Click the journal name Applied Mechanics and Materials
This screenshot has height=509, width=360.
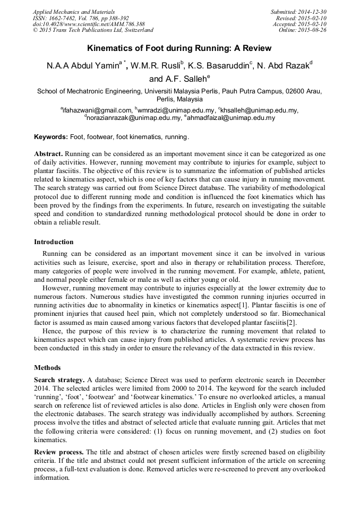[x=74, y=12]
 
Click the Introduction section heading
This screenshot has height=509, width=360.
[x=54, y=242]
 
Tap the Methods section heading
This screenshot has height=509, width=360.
[x=47, y=367]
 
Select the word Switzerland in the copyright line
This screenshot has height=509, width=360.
[x=136, y=30]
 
